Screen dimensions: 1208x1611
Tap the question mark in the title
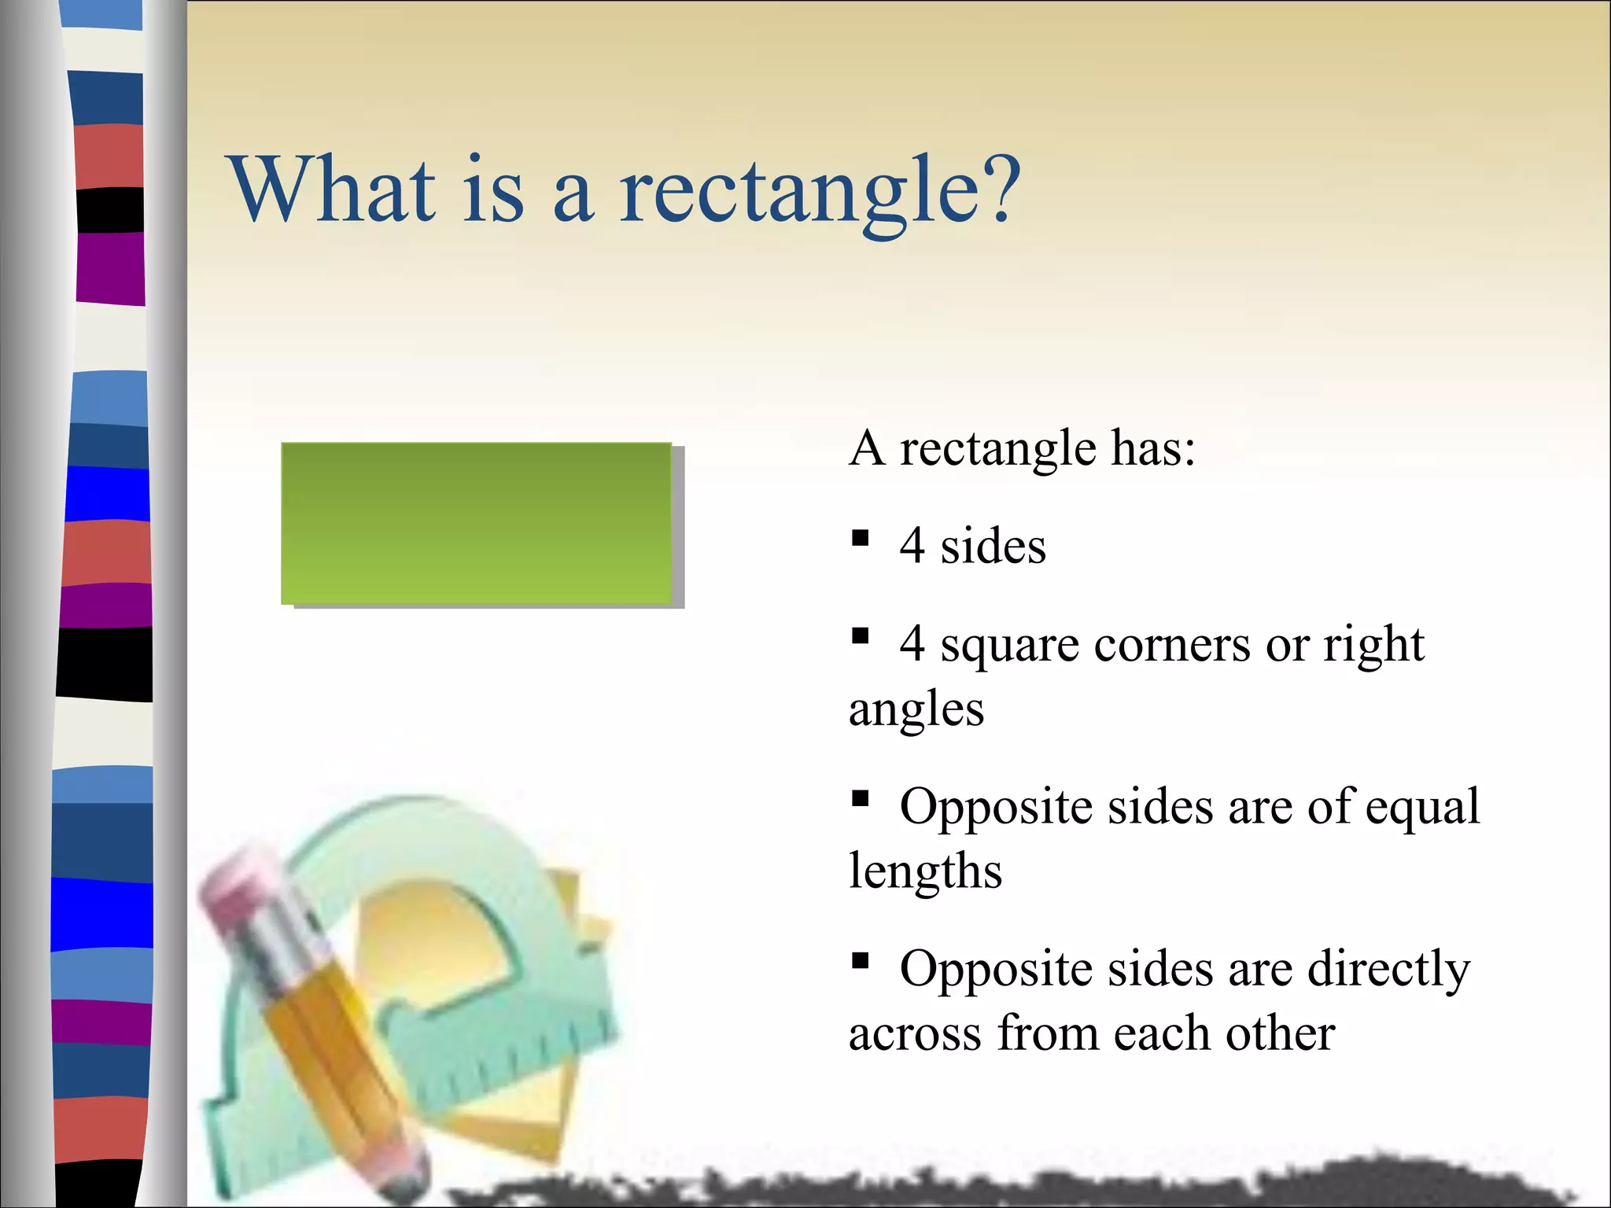[x=1001, y=189]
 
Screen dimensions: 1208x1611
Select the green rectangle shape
[x=477, y=523]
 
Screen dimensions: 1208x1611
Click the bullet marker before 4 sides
[x=860, y=538]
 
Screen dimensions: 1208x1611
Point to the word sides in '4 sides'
[x=993, y=546]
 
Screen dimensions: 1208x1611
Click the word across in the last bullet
[x=915, y=1033]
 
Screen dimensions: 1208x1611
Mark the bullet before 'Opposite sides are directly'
[x=860, y=960]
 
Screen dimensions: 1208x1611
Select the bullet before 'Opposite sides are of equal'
[x=860, y=799]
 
